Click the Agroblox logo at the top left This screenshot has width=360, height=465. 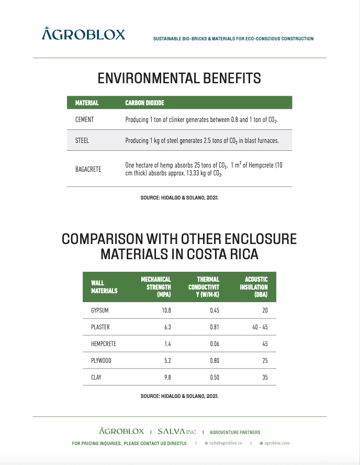(x=84, y=34)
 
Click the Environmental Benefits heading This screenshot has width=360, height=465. (x=179, y=79)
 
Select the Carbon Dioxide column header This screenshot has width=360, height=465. (x=145, y=103)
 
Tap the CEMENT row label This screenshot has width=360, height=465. (x=85, y=120)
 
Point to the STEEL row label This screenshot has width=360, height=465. (x=82, y=140)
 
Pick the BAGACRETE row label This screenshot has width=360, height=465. (x=88, y=169)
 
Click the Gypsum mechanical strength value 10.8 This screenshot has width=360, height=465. (x=166, y=311)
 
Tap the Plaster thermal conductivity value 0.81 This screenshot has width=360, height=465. (x=213, y=327)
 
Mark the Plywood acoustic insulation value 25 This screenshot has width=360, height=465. (x=265, y=361)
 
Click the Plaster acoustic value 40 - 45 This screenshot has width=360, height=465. (x=260, y=327)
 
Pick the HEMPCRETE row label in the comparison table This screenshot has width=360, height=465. (x=104, y=344)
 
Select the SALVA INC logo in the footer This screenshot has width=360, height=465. (x=177, y=432)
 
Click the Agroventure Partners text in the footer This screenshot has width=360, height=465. (x=235, y=433)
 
